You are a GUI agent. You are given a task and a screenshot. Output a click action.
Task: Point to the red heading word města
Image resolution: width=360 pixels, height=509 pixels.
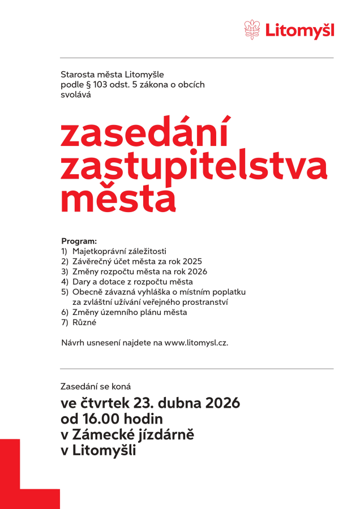(118, 197)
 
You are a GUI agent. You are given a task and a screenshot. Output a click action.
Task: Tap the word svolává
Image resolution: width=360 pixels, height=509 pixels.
(76, 95)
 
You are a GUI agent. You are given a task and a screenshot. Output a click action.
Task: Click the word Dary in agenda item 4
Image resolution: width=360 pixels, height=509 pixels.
(81, 282)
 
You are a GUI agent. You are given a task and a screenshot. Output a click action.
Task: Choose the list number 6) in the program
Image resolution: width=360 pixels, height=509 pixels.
(65, 312)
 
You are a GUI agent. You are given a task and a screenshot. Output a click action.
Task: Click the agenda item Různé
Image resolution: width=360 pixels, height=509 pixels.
(84, 322)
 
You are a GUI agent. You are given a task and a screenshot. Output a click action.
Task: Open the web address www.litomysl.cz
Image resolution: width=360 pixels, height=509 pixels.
(196, 343)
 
